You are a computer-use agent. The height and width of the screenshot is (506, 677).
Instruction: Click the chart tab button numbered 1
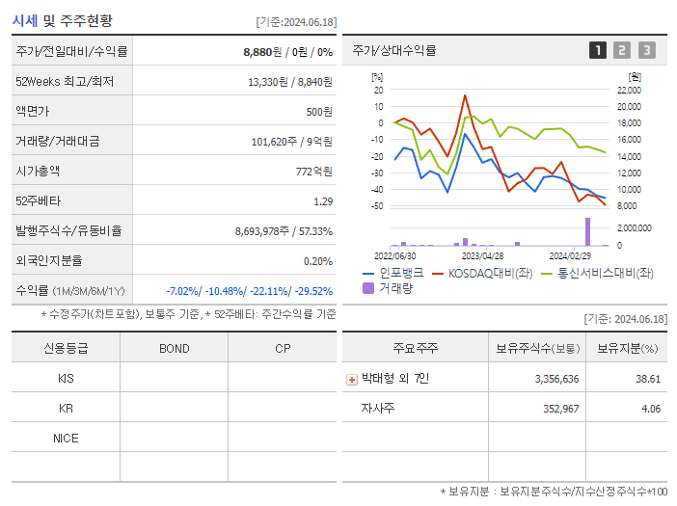(x=598, y=50)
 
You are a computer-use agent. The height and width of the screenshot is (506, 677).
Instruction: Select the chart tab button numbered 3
(x=646, y=50)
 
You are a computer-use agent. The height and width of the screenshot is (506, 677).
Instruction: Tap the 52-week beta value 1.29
(x=323, y=200)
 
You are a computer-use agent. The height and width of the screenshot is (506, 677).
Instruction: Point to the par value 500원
(x=319, y=111)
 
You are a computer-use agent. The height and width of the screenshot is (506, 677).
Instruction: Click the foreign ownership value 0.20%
(x=317, y=260)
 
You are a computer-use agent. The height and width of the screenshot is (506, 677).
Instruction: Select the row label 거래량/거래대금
(x=58, y=141)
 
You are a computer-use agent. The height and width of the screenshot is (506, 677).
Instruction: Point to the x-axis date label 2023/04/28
(x=482, y=255)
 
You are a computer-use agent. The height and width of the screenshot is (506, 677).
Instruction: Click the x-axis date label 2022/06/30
(x=394, y=255)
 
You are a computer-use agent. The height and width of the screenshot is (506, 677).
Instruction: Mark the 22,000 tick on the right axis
(x=628, y=90)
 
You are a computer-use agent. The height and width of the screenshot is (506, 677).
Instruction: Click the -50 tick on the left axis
(x=377, y=206)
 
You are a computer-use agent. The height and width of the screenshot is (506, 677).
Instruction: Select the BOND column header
(x=174, y=348)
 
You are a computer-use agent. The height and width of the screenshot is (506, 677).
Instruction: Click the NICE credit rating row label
(x=66, y=438)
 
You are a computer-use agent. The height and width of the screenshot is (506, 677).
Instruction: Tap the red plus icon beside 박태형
(x=352, y=379)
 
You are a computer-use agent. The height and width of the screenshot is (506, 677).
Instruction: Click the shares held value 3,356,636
(x=556, y=379)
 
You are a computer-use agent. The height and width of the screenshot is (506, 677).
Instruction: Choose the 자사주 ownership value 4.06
(x=648, y=409)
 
